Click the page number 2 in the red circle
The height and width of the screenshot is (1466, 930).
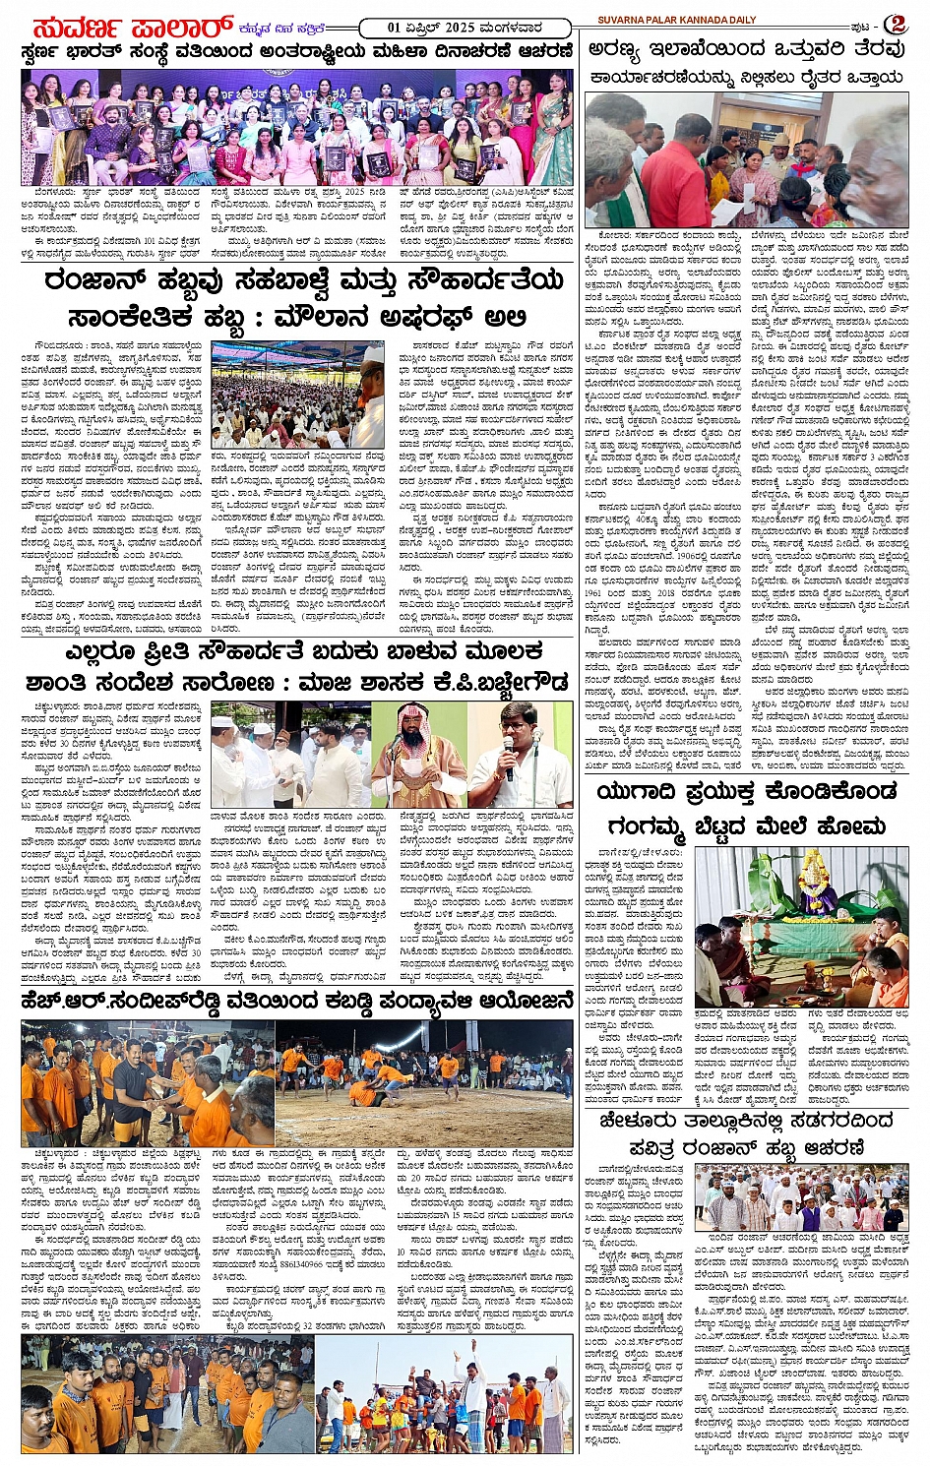[895, 24]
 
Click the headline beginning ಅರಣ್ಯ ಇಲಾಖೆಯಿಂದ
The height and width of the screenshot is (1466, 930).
[747, 49]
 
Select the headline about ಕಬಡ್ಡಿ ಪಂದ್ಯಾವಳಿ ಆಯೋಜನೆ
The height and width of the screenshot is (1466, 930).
[295, 1002]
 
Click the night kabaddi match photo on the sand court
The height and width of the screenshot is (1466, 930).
[423, 1082]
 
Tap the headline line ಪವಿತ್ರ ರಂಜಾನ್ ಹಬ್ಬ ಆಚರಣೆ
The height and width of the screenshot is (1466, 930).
[747, 1147]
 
